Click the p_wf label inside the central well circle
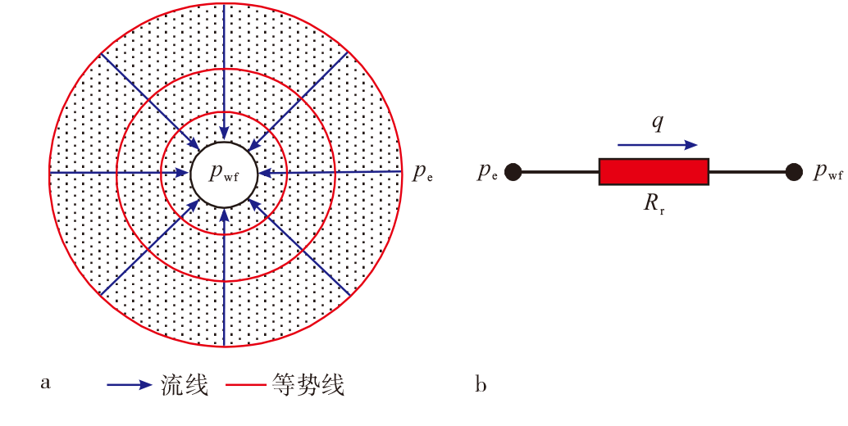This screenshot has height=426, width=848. pyautogui.click(x=224, y=172)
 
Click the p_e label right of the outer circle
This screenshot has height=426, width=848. pyautogui.click(x=422, y=173)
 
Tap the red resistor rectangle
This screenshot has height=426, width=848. pyautogui.click(x=654, y=172)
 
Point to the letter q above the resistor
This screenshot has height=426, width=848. pyautogui.click(x=657, y=123)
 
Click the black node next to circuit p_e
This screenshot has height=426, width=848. pyautogui.click(x=513, y=172)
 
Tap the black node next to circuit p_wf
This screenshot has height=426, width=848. pyautogui.click(x=793, y=172)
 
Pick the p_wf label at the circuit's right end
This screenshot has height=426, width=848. pyautogui.click(x=827, y=173)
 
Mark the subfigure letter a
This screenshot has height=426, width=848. pyautogui.click(x=46, y=383)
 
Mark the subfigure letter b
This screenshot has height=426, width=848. pyautogui.click(x=480, y=383)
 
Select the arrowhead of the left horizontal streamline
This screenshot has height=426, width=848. pyautogui.click(x=182, y=172)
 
